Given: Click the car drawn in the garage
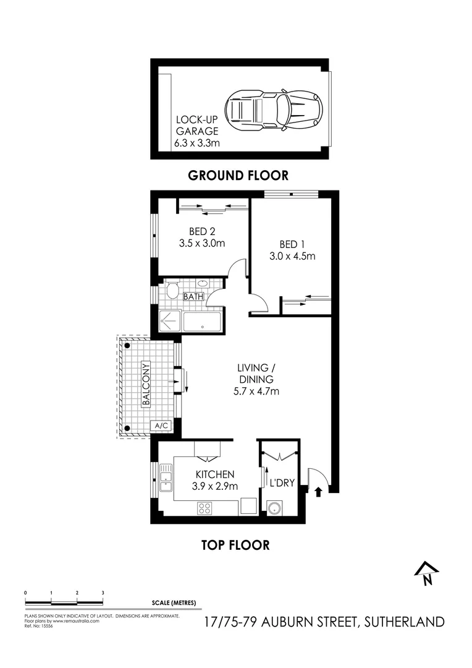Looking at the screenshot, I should (274, 109).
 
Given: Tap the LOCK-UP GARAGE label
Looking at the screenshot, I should (197, 125).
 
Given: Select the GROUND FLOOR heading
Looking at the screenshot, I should (238, 176).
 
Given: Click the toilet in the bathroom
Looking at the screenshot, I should (172, 290).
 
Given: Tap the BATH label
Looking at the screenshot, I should (193, 297).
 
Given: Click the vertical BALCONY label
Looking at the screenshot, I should (146, 383).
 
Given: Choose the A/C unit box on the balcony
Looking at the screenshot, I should (161, 426).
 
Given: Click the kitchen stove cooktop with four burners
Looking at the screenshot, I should (205, 508).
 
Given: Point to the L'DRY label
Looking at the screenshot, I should (282, 482).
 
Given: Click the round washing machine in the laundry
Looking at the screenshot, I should (274, 508).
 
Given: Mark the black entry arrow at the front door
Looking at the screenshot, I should (319, 492).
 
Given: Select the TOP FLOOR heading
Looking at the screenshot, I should (235, 545).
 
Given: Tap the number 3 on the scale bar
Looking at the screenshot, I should (103, 593).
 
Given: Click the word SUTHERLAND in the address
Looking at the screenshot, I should (403, 622).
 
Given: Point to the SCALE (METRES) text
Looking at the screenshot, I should (173, 603).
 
